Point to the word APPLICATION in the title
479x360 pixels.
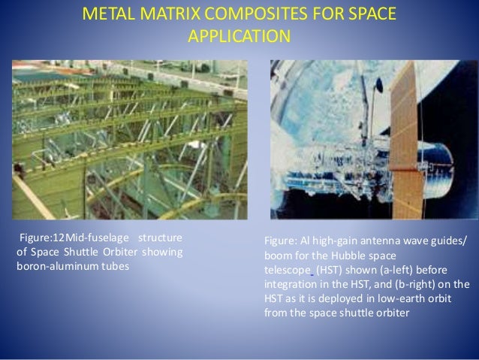239,36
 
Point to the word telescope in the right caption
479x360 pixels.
287,269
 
